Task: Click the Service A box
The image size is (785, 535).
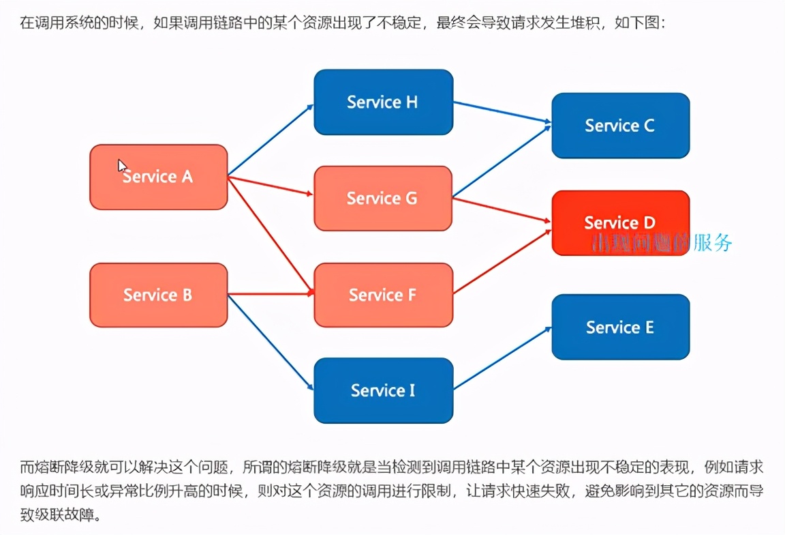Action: [159, 177]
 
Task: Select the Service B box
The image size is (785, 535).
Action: [159, 295]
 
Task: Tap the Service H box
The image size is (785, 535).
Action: [383, 102]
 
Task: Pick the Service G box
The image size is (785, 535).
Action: [383, 199]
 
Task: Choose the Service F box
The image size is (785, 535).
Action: [383, 295]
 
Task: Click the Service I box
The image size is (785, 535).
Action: [383, 390]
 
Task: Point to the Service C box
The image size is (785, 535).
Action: [620, 126]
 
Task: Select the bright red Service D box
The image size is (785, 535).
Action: [620, 222]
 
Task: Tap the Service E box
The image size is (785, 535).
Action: [620, 327]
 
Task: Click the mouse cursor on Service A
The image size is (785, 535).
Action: [122, 165]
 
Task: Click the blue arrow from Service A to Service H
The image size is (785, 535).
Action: [271, 139]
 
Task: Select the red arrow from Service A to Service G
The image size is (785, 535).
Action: [271, 186]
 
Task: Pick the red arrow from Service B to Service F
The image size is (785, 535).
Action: [271, 295]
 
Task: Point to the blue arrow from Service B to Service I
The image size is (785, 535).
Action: [271, 342]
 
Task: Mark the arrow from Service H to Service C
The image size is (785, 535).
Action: [502, 113]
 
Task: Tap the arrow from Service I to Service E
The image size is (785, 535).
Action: [502, 359]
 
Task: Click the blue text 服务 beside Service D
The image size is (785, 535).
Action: [712, 243]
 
